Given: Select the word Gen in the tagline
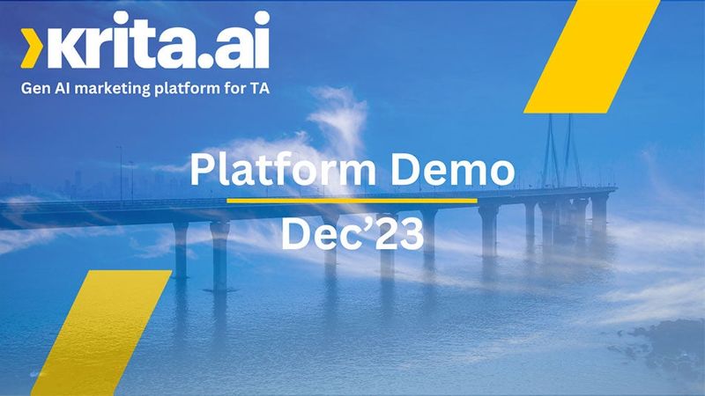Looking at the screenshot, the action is [x=35, y=88].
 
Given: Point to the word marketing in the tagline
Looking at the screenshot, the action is [x=113, y=89].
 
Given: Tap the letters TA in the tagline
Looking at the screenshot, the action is [x=259, y=88].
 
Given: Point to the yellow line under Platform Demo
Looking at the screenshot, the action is [x=352, y=201].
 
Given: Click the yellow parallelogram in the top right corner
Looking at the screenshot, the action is [x=591, y=56].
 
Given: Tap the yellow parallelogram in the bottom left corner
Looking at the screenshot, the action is [x=101, y=333].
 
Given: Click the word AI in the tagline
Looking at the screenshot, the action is [x=63, y=88].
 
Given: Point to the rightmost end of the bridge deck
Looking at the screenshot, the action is [x=615, y=190].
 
